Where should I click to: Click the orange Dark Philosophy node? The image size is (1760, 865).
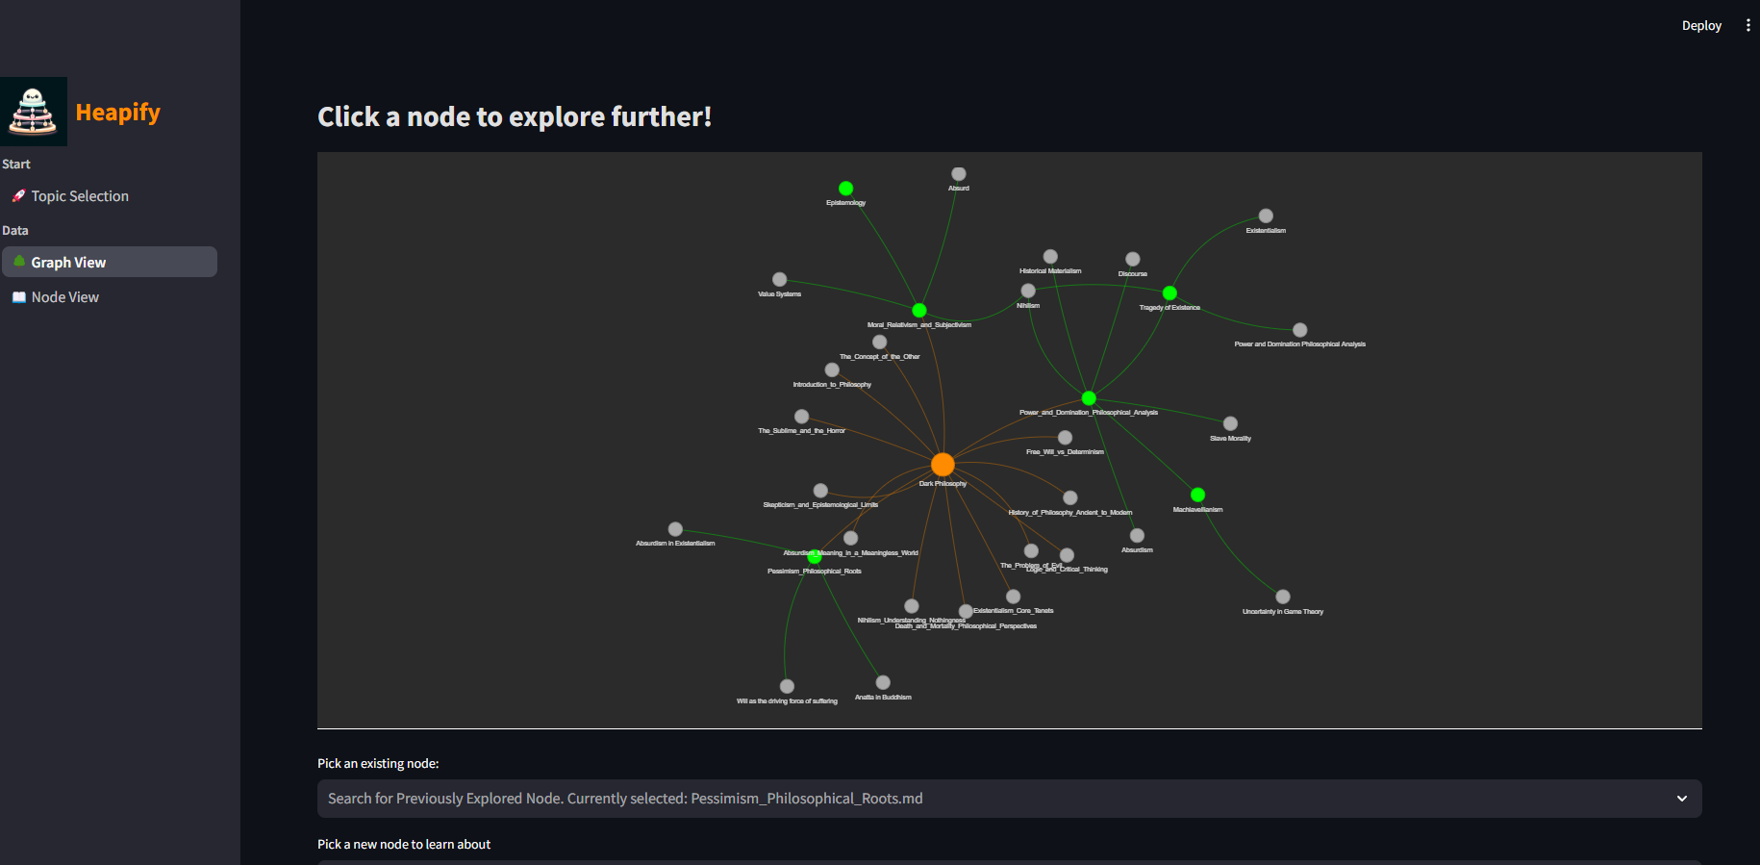(x=943, y=465)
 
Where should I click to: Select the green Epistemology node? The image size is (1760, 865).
(x=845, y=189)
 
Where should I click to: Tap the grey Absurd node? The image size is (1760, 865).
(x=958, y=174)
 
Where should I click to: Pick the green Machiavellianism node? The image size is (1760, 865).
(x=1197, y=495)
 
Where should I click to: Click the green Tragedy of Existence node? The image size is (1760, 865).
(x=1169, y=293)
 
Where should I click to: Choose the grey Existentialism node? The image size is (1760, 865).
(x=1266, y=216)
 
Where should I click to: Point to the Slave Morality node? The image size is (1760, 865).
(x=1230, y=423)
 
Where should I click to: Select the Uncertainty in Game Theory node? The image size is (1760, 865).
(x=1282, y=597)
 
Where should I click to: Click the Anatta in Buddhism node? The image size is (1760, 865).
(x=883, y=682)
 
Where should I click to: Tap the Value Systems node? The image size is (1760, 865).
(x=779, y=280)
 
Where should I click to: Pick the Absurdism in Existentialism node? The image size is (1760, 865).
(x=675, y=529)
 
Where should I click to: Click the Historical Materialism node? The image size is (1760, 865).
(x=1050, y=257)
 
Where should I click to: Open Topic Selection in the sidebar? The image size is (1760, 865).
(x=79, y=196)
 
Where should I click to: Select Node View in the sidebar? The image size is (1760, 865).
(x=64, y=297)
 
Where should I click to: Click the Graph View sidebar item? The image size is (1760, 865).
(x=68, y=263)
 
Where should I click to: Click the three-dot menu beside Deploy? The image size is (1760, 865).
(x=1747, y=26)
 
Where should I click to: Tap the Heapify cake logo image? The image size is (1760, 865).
(x=34, y=112)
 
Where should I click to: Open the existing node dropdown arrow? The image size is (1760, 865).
(x=1681, y=799)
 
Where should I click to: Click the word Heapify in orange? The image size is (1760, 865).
(x=117, y=113)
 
